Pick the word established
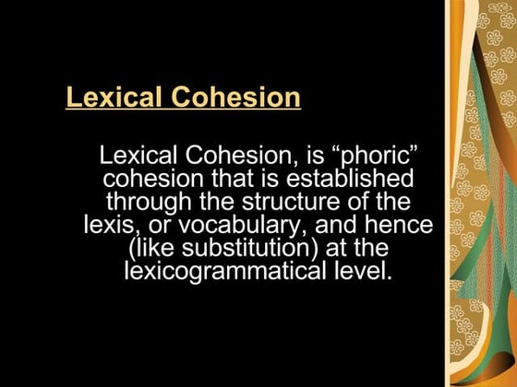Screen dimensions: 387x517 click(x=345, y=178)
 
